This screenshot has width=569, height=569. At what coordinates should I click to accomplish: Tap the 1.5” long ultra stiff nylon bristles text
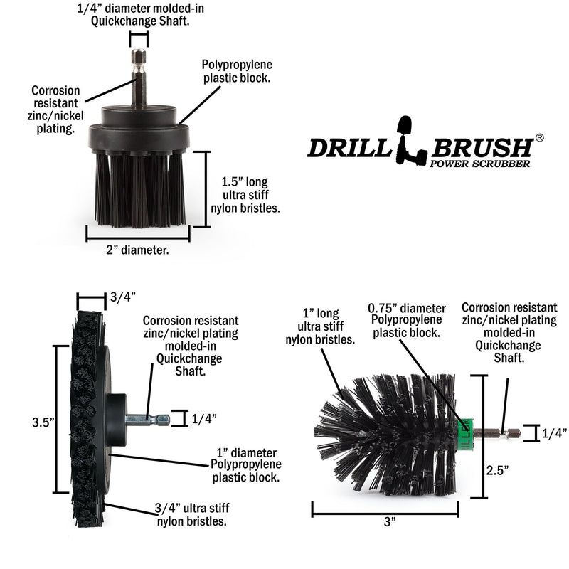[x=245, y=194]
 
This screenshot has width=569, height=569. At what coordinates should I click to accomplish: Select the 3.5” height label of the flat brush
[x=43, y=422]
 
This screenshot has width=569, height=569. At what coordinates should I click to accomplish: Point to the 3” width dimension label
[x=388, y=523]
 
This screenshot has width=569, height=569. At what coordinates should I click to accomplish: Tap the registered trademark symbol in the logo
[x=540, y=138]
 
